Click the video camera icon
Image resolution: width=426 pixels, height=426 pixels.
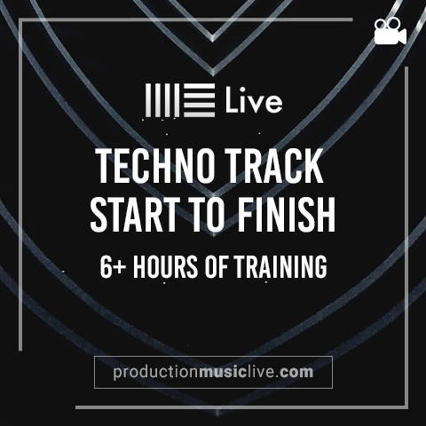pyautogui.click(x=390, y=31)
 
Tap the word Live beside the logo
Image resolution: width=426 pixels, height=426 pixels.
pyautogui.click(x=254, y=101)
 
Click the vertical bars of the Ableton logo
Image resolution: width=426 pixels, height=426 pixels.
pyautogui.click(x=162, y=100)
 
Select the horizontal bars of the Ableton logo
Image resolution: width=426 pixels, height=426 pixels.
pyautogui.click(x=200, y=100)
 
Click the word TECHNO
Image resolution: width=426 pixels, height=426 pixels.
pyautogui.click(x=155, y=166)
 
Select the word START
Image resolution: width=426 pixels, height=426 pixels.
pyautogui.click(x=136, y=214)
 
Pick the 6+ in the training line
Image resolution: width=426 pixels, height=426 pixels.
pyautogui.click(x=113, y=267)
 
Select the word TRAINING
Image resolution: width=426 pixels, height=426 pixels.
pyautogui.click(x=280, y=267)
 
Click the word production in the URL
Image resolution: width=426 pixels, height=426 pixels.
pyautogui.click(x=155, y=373)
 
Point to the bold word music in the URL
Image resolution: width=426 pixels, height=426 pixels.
pyautogui.click(x=223, y=372)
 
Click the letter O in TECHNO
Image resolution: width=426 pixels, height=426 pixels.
pyautogui.click(x=202, y=166)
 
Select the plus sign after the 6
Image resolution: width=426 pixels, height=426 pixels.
pyautogui.click(x=120, y=268)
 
